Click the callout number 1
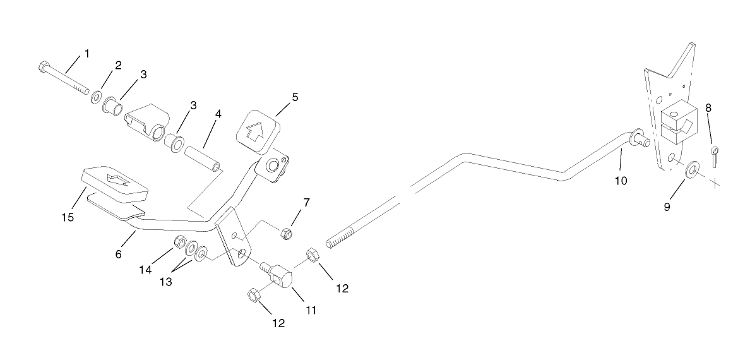point(86,54)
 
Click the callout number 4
point(218,115)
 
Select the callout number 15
point(68,217)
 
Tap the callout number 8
point(708,108)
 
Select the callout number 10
point(621,181)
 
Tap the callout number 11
point(310,311)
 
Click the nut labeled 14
point(179,242)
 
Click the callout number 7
point(307,203)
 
